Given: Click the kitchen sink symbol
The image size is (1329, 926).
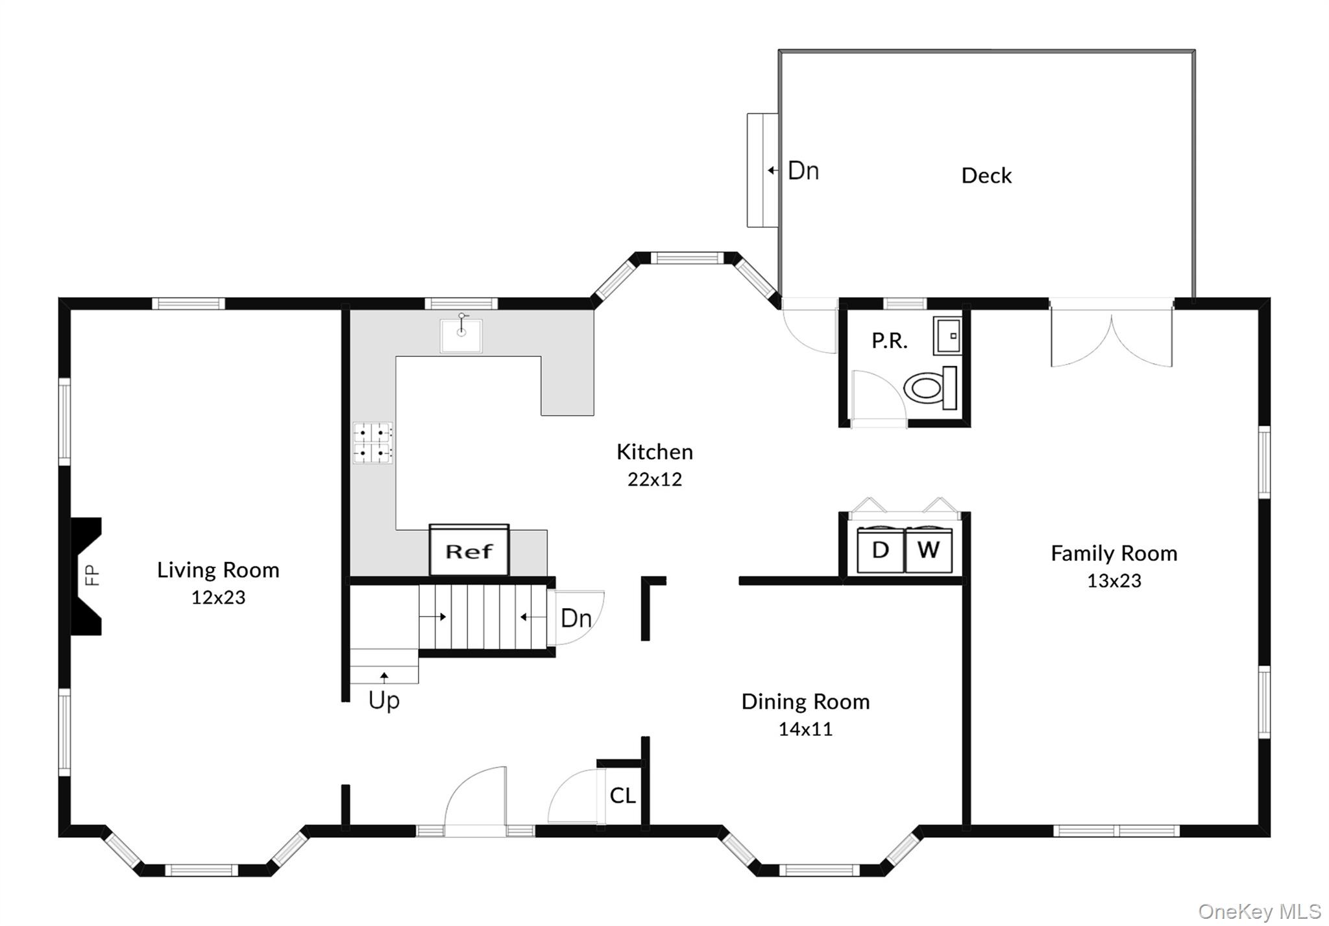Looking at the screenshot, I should (461, 335).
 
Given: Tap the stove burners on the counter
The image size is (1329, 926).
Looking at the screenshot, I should (372, 443).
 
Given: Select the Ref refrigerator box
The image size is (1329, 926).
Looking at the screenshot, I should (469, 551).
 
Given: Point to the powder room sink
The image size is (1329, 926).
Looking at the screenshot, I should (947, 335).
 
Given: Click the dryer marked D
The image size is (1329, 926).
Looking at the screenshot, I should (880, 550).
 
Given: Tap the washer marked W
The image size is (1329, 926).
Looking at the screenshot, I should (929, 550).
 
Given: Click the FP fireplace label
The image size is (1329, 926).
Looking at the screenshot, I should (93, 575).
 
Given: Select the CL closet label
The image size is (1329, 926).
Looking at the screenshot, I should (622, 796).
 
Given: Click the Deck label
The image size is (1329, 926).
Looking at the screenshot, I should (986, 175).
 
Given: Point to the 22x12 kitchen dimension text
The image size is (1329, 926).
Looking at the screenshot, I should (654, 480).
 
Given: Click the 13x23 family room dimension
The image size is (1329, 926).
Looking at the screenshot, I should (1114, 581).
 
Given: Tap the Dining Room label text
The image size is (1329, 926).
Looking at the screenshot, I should (805, 701).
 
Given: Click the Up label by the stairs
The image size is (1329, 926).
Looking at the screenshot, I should (384, 700).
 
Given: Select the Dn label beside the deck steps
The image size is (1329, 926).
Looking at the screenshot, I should (803, 171).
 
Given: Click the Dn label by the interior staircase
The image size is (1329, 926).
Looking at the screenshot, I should (576, 618).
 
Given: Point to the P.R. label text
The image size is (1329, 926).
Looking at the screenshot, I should (889, 341).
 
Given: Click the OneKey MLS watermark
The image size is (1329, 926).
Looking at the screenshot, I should (1259, 911).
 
